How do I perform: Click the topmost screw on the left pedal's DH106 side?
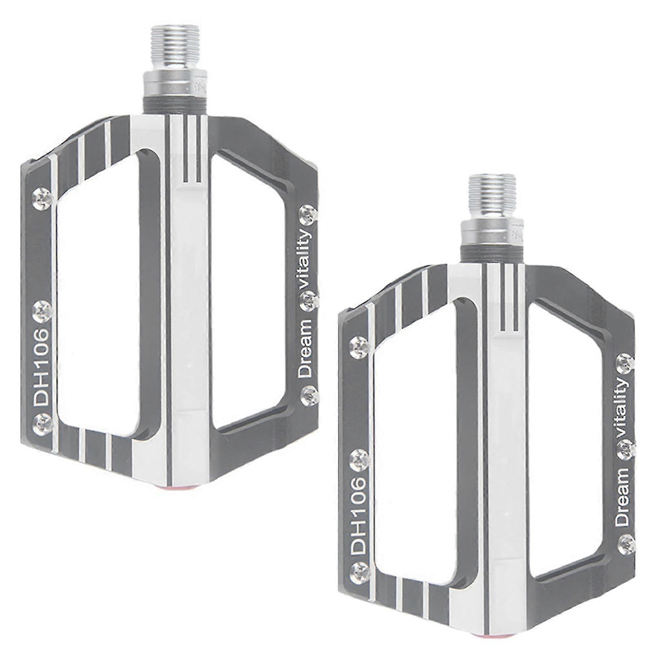42,198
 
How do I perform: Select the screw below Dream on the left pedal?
308,393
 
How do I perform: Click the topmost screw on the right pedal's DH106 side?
359,346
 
